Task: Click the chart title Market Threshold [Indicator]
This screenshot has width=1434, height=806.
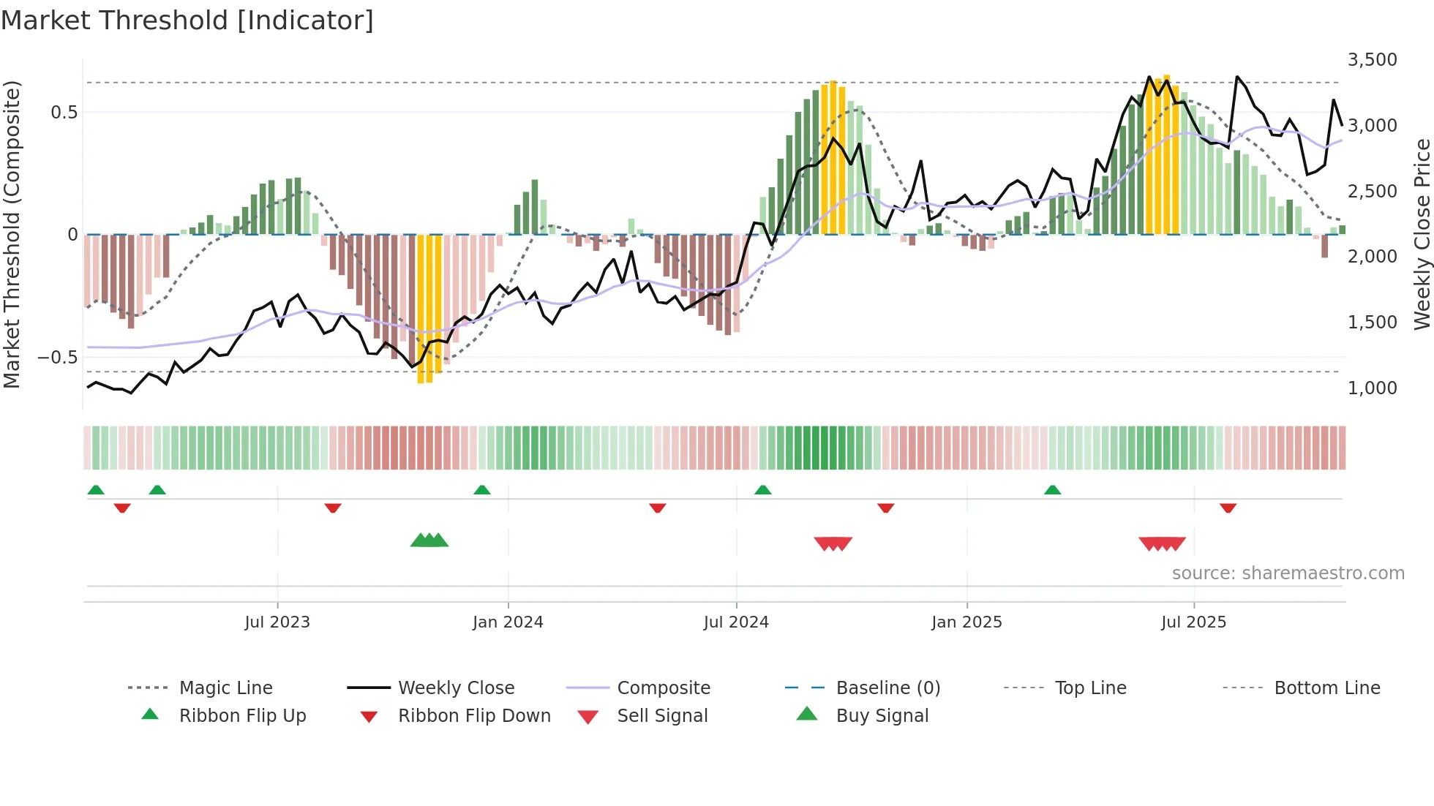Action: click(x=187, y=20)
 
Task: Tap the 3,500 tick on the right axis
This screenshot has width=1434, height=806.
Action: click(x=1372, y=60)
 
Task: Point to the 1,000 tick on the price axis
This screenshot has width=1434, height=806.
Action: click(x=1372, y=388)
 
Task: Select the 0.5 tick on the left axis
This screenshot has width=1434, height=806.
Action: click(x=64, y=113)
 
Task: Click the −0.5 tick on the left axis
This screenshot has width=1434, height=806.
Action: click(x=58, y=358)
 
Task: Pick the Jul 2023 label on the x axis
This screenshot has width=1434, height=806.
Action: click(x=277, y=622)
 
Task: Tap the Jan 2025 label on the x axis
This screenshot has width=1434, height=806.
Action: click(x=966, y=622)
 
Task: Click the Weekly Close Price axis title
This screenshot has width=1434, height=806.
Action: click(x=1422, y=234)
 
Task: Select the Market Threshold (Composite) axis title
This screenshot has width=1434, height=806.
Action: click(x=12, y=234)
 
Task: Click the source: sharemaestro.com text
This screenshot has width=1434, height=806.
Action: click(x=1288, y=573)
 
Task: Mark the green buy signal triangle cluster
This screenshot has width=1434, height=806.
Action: click(x=429, y=541)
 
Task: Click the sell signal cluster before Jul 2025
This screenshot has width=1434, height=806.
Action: click(x=1162, y=543)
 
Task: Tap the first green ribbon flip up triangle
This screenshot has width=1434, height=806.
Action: click(x=96, y=490)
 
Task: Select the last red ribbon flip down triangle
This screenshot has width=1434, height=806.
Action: click(x=1228, y=508)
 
